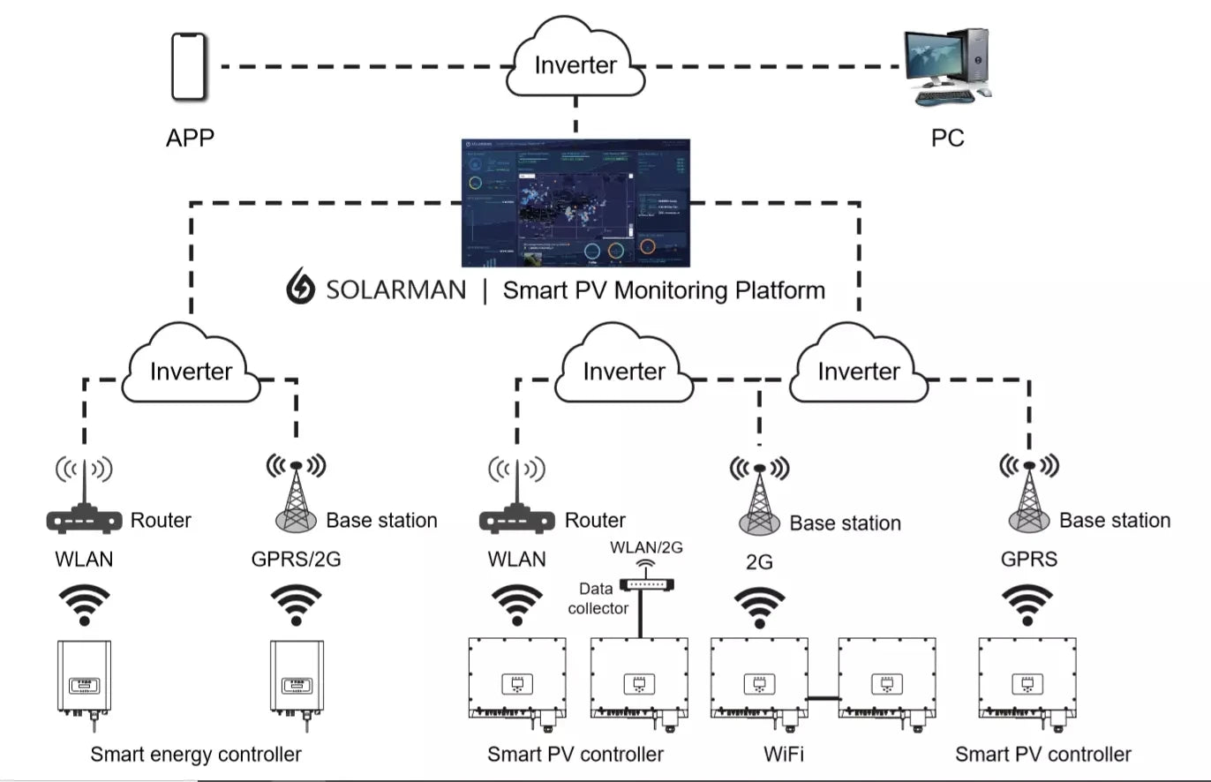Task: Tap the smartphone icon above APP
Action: (188, 66)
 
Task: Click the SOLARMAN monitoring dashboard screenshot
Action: (575, 202)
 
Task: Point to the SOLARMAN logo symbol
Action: (301, 289)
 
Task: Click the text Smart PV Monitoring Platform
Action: (664, 289)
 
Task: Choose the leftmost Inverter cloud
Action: (192, 369)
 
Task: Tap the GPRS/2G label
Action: (296, 560)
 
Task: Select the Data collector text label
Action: (598, 598)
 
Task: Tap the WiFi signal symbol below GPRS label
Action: (1027, 605)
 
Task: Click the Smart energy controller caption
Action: (195, 754)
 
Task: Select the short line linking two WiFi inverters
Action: (823, 698)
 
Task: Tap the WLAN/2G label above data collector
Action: (646, 547)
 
